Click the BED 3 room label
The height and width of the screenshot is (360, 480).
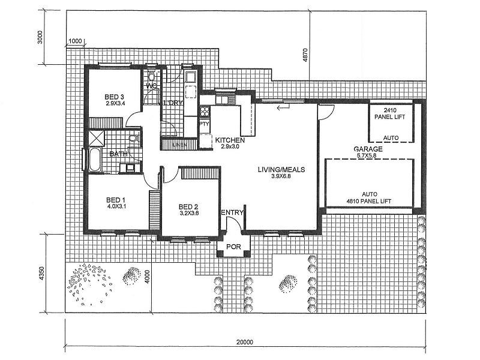pyautogui.click(x=114, y=97)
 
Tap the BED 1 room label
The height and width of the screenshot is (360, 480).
pyautogui.click(x=115, y=200)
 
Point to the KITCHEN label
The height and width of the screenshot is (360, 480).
pyautogui.click(x=229, y=139)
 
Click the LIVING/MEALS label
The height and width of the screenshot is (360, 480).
pyautogui.click(x=281, y=170)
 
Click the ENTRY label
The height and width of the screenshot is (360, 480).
pyautogui.click(x=232, y=212)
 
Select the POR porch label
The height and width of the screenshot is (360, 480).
pyautogui.click(x=232, y=247)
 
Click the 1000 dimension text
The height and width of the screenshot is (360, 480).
pyautogui.click(x=75, y=41)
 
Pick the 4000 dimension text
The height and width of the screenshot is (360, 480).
pyautogui.click(x=147, y=278)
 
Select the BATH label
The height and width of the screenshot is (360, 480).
pyautogui.click(x=117, y=154)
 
